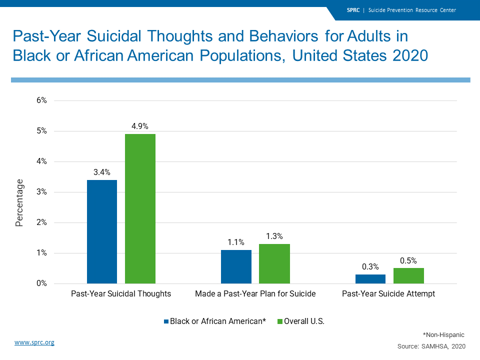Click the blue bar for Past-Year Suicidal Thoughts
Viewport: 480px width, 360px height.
pos(102,231)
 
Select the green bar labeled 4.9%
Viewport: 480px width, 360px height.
pos(140,208)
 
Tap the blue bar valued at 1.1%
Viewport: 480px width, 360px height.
pos(236,266)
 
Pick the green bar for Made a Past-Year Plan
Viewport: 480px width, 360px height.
pos(274,263)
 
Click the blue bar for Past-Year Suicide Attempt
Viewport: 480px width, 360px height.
pos(370,278)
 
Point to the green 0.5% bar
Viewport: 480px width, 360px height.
pos(408,275)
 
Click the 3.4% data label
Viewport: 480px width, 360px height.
pos(102,172)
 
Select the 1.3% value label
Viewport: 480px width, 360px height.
pos(274,236)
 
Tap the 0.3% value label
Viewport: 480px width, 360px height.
pos(370,267)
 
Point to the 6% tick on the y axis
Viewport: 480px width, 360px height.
pos(41,100)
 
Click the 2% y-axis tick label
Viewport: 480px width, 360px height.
pos(41,222)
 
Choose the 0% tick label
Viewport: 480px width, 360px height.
pos(41,283)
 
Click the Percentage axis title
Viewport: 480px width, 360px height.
pos(19,203)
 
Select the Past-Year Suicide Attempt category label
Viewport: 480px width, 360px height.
pos(388,294)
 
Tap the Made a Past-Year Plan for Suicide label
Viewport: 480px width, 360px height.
pos(255,294)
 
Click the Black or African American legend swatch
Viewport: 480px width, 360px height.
pos(166,321)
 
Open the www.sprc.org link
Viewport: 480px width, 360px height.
pos(34,342)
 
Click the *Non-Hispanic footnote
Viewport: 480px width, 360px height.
pos(444,334)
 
